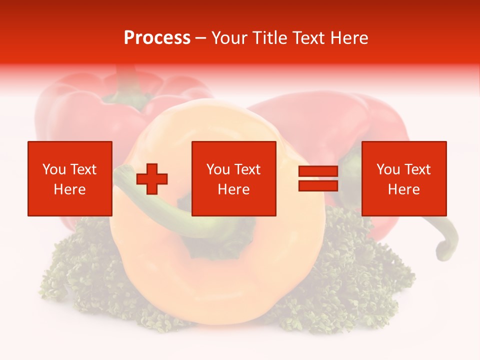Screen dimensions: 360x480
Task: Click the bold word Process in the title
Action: pyautogui.click(x=157, y=38)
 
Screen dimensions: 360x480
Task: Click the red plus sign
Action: pyautogui.click(x=152, y=179)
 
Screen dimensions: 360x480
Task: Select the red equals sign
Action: pyautogui.click(x=318, y=178)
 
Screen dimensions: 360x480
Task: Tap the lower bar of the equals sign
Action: pyautogui.click(x=318, y=185)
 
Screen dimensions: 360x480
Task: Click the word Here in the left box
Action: pyautogui.click(x=69, y=189)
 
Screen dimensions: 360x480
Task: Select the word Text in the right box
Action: pyautogui.click(x=417, y=169)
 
